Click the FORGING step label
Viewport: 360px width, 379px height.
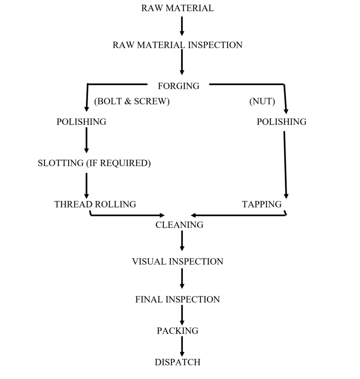pyautogui.click(x=179, y=86)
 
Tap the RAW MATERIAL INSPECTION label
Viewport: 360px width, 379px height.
pyautogui.click(x=177, y=45)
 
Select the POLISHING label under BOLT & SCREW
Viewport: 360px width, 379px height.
pyautogui.click(x=81, y=122)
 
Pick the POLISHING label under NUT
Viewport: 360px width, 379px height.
pyautogui.click(x=281, y=122)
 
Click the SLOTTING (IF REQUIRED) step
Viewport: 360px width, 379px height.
pyautogui.click(x=94, y=163)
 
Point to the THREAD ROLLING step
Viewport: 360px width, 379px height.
pyautogui.click(x=95, y=204)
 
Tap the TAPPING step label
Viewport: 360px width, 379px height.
pyautogui.click(x=262, y=204)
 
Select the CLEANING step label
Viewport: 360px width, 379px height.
pyautogui.click(x=179, y=225)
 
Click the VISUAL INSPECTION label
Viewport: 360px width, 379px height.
pyautogui.click(x=177, y=262)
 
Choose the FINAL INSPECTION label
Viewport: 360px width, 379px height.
pyautogui.click(x=177, y=299)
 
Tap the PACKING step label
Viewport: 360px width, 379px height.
pyautogui.click(x=177, y=331)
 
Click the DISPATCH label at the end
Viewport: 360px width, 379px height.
pyautogui.click(x=177, y=362)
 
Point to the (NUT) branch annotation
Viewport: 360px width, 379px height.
pyautogui.click(x=262, y=102)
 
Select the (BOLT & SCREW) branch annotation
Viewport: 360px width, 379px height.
pyautogui.click(x=132, y=102)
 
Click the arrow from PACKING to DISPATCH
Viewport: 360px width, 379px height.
pyautogui.click(x=182, y=346)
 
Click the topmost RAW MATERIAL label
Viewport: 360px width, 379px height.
pyautogui.click(x=177, y=8)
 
